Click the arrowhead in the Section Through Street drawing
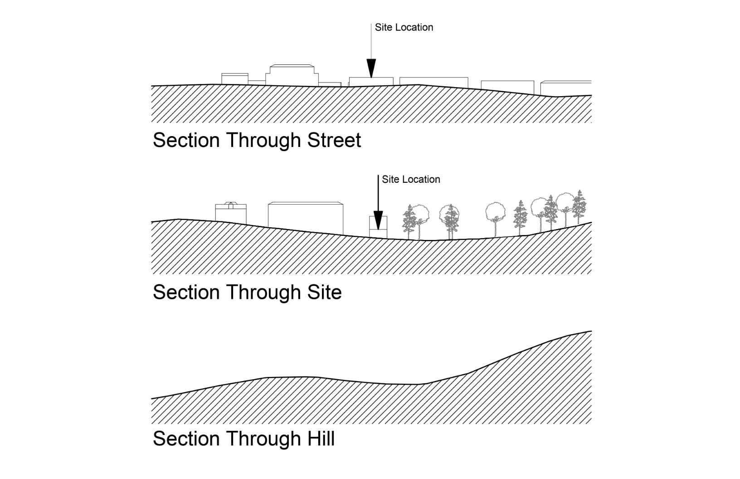point(371,68)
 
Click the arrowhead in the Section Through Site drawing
point(378,218)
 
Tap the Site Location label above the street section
point(404,27)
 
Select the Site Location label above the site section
point(411,179)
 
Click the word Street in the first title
point(334,140)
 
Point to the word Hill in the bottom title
point(321,439)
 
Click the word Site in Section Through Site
point(324,292)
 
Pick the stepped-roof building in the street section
point(292,75)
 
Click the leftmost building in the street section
point(234,79)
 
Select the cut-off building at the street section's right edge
point(566,88)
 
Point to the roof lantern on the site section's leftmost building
point(231,205)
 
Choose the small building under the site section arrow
point(378,227)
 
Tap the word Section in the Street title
point(186,140)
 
